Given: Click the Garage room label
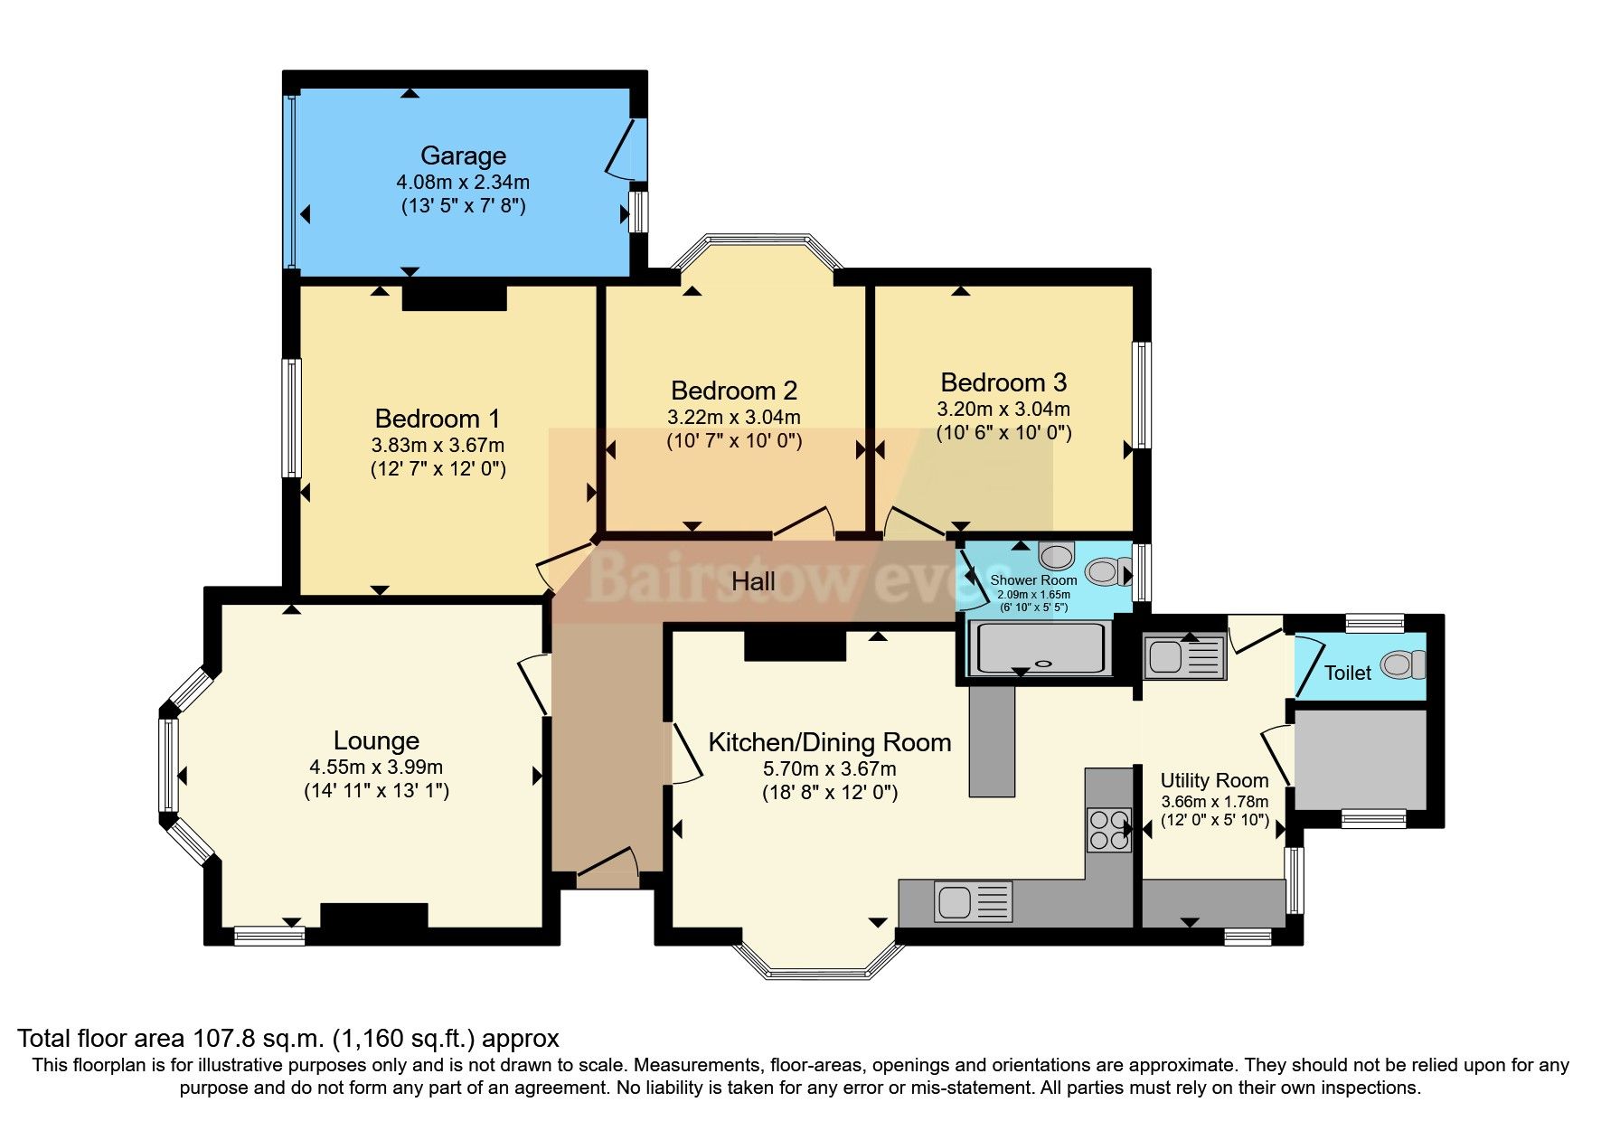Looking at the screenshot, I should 463,156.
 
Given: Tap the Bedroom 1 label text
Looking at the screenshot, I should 438,419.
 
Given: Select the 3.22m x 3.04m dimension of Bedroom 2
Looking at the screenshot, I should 734,418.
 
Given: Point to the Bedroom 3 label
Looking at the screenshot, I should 1003,382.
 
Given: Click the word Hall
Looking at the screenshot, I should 753,581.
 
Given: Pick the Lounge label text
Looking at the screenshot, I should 376,740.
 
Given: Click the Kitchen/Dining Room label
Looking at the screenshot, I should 829,742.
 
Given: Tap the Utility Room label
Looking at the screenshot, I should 1214,780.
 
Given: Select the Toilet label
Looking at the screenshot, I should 1347,673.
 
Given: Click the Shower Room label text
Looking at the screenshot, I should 1033,580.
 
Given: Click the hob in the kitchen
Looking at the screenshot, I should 1109,828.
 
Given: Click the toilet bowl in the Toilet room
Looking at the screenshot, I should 1401,665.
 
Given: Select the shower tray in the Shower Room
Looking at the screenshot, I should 1040,648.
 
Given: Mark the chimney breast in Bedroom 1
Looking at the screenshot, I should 454,298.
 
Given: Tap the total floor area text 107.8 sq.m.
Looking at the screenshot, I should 287,1038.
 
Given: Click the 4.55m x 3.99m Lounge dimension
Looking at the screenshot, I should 376,768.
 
